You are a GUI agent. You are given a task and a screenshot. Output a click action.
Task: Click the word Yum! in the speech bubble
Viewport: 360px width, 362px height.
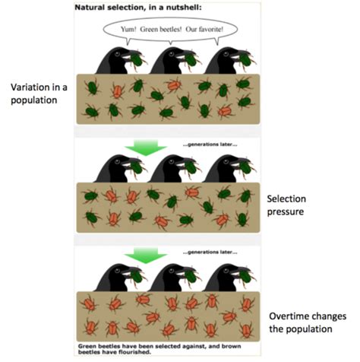tap(128, 30)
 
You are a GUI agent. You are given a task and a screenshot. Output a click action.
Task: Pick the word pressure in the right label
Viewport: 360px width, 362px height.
tap(286, 212)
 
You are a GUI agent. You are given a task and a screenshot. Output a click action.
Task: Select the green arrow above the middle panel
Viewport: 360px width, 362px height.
tap(146, 148)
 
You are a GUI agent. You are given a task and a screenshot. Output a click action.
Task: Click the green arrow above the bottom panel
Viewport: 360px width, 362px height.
tap(146, 256)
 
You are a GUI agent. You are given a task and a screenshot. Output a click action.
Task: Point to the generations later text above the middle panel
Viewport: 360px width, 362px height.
tap(210, 144)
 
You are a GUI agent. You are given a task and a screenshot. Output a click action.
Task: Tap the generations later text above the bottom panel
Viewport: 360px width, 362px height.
tap(210, 252)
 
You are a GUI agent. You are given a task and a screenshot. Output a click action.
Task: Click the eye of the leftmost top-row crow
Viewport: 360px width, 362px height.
tap(117, 54)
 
